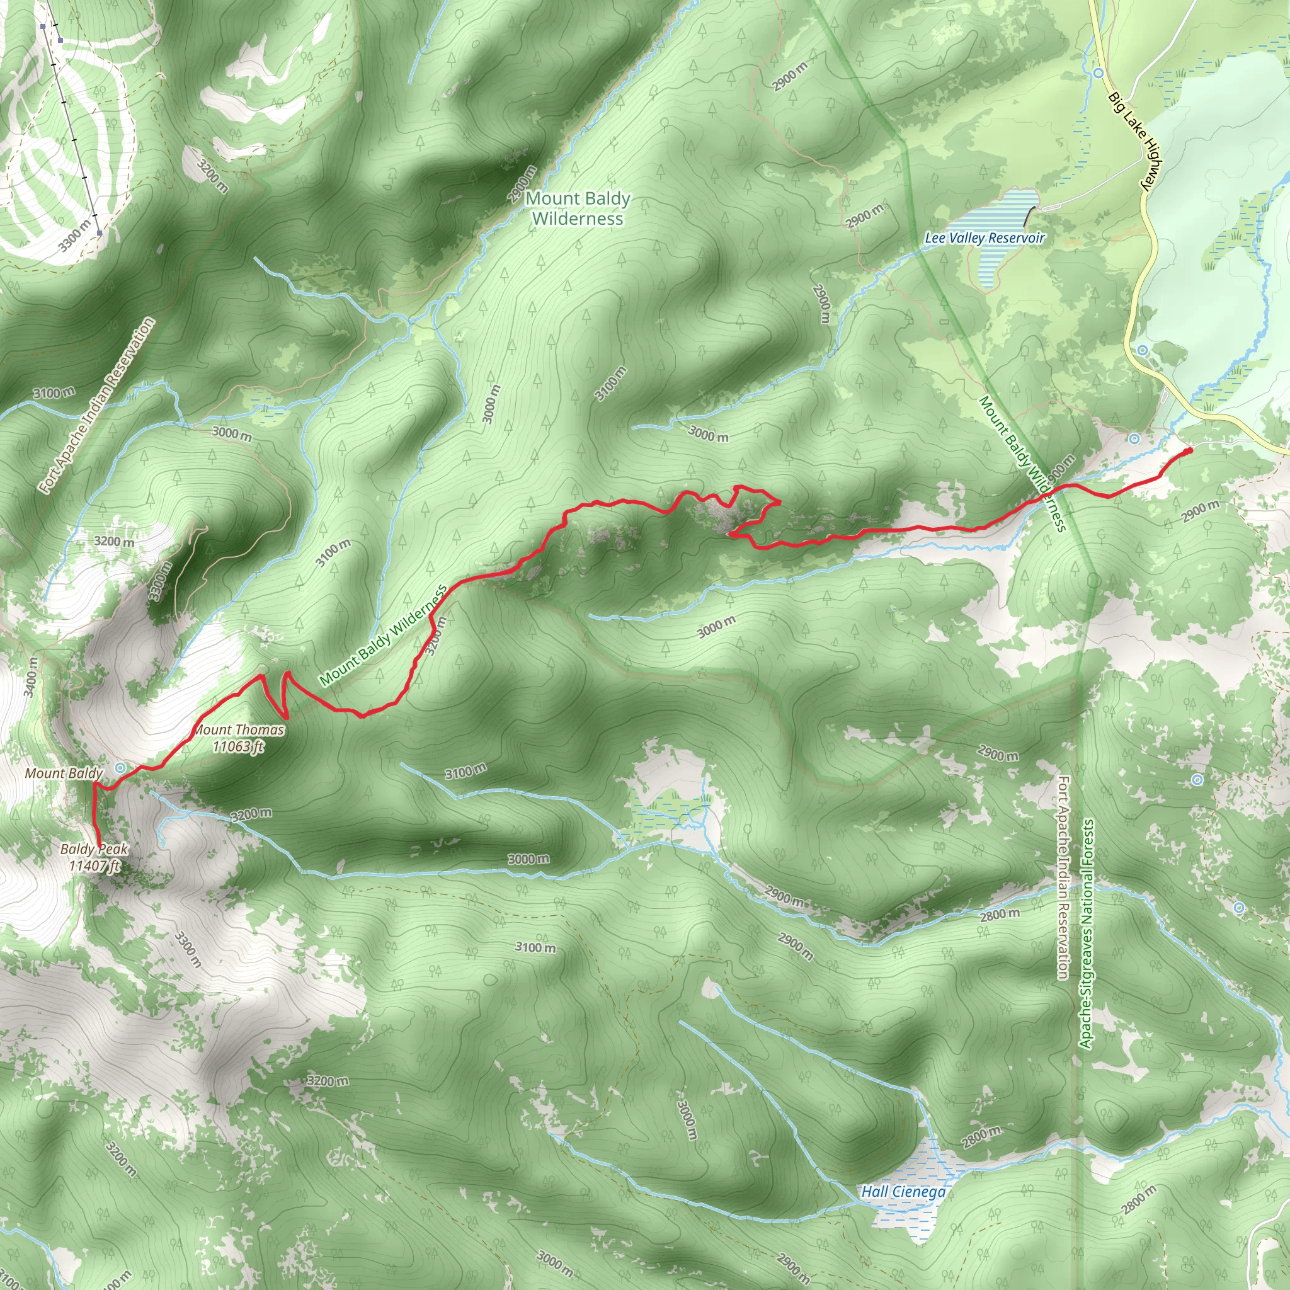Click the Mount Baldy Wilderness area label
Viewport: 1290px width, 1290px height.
[578, 208]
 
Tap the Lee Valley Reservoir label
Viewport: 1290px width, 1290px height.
[985, 237]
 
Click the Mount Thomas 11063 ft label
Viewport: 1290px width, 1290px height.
[238, 738]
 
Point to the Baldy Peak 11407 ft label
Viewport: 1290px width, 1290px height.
[93, 857]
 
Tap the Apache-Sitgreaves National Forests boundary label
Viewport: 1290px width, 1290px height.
[1086, 934]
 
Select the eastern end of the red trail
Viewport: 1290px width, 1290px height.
[1189, 452]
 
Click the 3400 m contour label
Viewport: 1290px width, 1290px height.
[30, 676]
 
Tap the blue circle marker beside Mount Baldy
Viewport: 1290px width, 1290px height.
[121, 767]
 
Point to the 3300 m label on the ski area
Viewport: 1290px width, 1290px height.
[74, 236]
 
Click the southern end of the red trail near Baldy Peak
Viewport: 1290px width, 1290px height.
[99, 845]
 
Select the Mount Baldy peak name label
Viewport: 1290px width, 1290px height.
[64, 773]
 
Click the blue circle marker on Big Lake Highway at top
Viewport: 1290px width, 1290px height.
[1099, 72]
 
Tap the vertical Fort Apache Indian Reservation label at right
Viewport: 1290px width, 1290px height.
[1063, 877]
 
